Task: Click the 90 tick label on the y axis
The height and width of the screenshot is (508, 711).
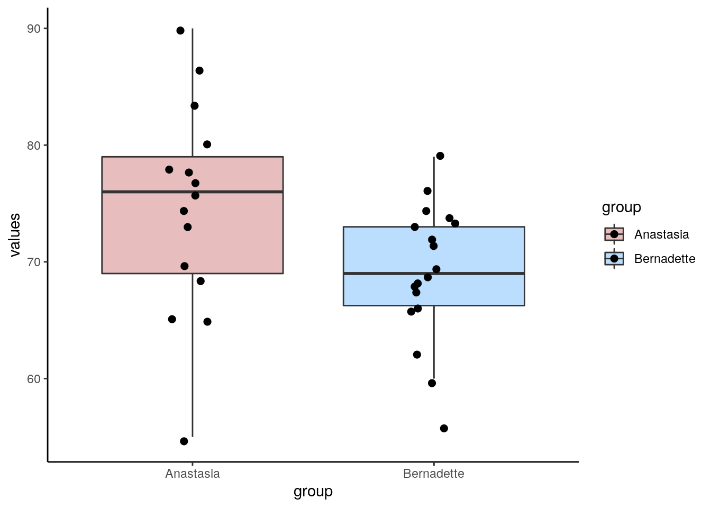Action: (33, 29)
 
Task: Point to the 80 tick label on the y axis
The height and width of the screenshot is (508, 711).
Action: (33, 146)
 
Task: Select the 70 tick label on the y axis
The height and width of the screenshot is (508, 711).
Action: (33, 262)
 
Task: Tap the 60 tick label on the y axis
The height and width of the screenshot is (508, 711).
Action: (33, 379)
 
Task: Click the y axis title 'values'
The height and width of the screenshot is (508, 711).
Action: (15, 235)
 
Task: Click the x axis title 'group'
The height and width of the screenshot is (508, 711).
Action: (313, 492)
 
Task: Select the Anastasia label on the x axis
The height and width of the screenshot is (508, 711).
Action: (192, 474)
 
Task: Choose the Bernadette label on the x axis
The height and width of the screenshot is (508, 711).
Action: (433, 474)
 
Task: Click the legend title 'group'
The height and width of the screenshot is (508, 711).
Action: (621, 207)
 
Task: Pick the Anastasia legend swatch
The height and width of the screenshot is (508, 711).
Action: (614, 234)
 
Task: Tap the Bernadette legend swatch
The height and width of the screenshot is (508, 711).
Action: (614, 258)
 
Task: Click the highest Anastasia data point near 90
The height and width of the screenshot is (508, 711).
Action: (180, 31)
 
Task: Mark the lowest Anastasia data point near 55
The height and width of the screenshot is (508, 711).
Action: (184, 441)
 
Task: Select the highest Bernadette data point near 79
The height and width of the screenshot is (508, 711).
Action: (440, 156)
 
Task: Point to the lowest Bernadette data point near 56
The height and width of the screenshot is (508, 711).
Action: (444, 428)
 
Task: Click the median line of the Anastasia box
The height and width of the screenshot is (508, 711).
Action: (238, 192)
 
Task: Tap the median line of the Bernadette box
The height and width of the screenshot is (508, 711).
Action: (476, 273)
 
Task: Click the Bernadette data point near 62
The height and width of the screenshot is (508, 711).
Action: (417, 355)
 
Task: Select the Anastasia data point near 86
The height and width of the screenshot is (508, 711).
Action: (199, 71)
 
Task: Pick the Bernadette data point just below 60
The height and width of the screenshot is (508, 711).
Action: (432, 383)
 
